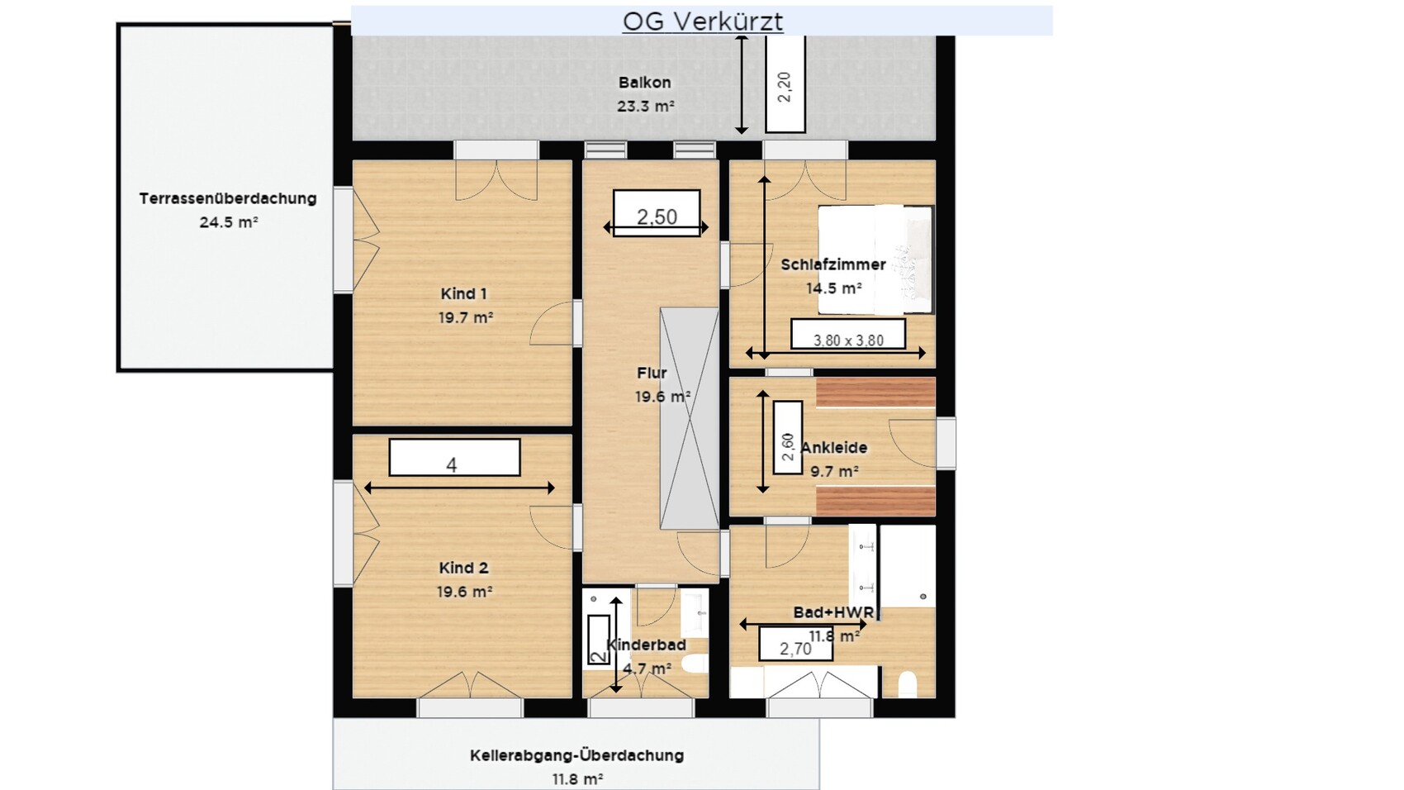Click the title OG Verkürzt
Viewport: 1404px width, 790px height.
pyautogui.click(x=703, y=21)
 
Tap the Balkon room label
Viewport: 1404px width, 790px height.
pyautogui.click(x=644, y=82)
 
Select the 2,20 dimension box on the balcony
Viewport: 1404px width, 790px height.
pyautogui.click(x=785, y=84)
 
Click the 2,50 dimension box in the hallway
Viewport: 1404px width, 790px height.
pyautogui.click(x=657, y=213)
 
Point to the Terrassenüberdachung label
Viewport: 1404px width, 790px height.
pyautogui.click(x=227, y=199)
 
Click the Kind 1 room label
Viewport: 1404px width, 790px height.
pyautogui.click(x=463, y=293)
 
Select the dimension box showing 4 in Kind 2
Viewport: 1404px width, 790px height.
pyautogui.click(x=454, y=457)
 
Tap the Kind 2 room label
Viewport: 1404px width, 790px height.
pyautogui.click(x=463, y=568)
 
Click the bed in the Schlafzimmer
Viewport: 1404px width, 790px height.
pyautogui.click(x=875, y=259)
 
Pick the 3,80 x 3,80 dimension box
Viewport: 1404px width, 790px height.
pyautogui.click(x=848, y=334)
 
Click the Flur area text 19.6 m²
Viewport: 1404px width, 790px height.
pyautogui.click(x=662, y=397)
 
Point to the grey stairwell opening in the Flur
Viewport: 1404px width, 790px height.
pyautogui.click(x=689, y=418)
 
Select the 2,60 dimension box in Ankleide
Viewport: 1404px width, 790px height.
pyautogui.click(x=788, y=438)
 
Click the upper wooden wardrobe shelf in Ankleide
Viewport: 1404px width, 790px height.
pyautogui.click(x=875, y=392)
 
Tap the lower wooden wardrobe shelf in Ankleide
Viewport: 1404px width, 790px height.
pyautogui.click(x=875, y=502)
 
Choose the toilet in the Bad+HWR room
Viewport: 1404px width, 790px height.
pyautogui.click(x=907, y=684)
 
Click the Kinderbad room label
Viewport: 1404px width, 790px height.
pyautogui.click(x=646, y=645)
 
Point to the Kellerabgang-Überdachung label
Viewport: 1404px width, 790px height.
pyautogui.click(x=576, y=755)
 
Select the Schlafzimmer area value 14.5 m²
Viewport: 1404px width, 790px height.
pyautogui.click(x=833, y=288)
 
